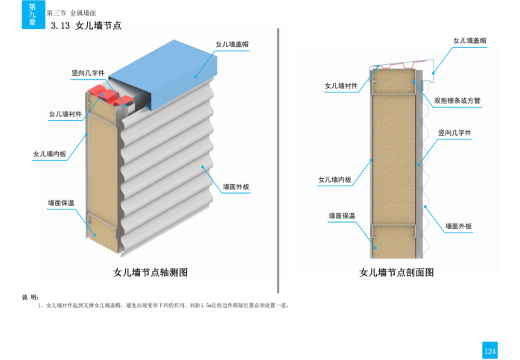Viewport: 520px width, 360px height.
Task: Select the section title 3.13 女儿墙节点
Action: point(86,26)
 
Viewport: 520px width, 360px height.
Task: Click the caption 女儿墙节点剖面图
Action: point(396,273)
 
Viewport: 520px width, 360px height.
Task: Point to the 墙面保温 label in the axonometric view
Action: point(66,202)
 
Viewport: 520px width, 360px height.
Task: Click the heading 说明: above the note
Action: point(31,297)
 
